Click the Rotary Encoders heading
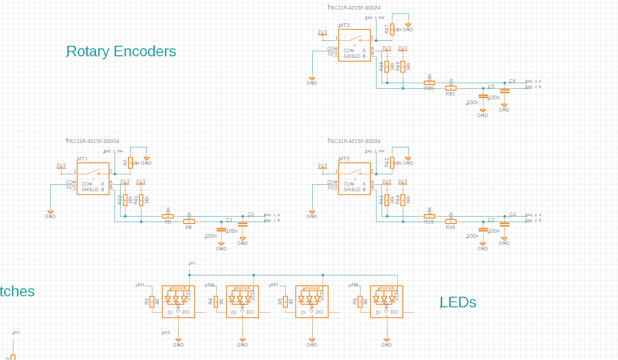(x=121, y=51)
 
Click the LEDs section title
(x=458, y=302)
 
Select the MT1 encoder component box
(x=93, y=178)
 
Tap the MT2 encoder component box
(x=354, y=178)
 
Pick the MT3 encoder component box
(x=354, y=45)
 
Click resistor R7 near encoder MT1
(x=130, y=162)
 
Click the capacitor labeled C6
(x=504, y=91)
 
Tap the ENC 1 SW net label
(x=113, y=151)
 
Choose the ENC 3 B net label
(x=533, y=87)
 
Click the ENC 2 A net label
(x=533, y=215)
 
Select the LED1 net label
(x=140, y=285)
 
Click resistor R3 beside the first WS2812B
(x=152, y=301)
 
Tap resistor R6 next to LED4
(x=360, y=301)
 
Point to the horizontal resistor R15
(x=429, y=216)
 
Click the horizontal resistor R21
(x=450, y=88)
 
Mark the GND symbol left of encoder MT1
(x=50, y=213)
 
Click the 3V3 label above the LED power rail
(x=192, y=263)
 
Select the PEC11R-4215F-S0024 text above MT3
(x=354, y=7)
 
